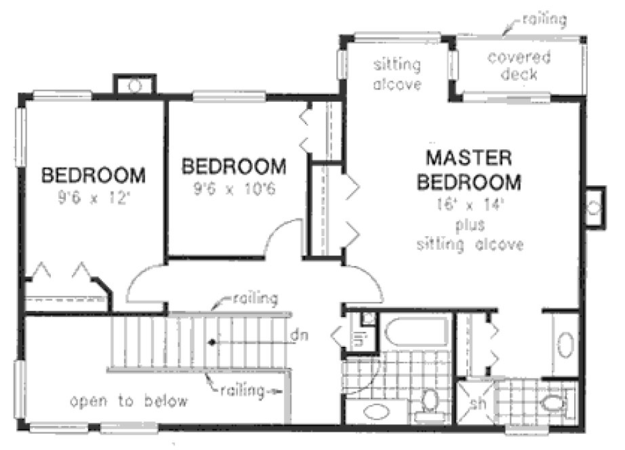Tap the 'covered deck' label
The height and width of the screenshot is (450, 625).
point(519,65)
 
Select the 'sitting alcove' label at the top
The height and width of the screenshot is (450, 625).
point(397,75)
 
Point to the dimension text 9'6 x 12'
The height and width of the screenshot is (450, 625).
point(94,200)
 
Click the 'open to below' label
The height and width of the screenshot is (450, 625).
point(129,401)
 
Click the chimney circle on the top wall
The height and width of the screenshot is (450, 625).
point(134,86)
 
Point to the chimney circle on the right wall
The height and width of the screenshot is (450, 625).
point(594,207)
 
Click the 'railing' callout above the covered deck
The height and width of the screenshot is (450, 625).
point(543,20)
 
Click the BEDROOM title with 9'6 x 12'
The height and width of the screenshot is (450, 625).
point(94,176)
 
